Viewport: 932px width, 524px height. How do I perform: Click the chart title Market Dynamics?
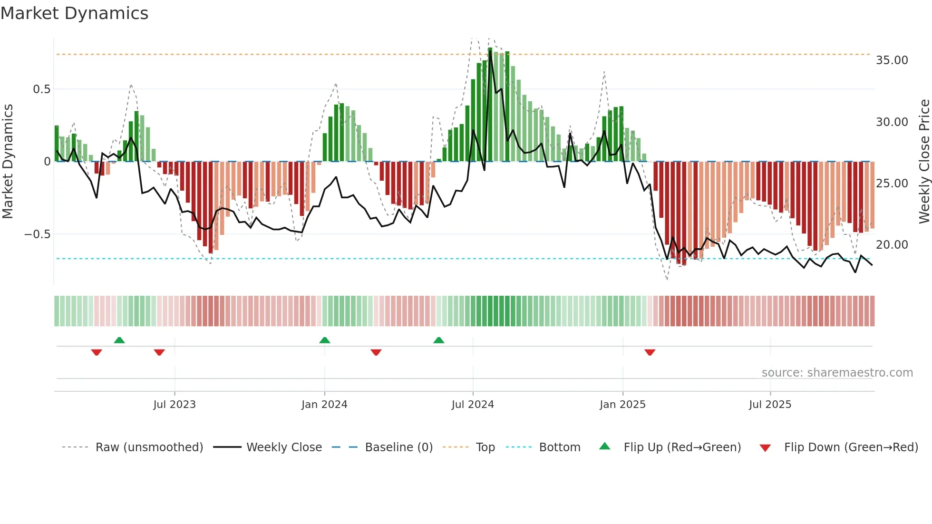[x=74, y=13]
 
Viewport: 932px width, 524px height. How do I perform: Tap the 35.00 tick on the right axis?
[x=892, y=60]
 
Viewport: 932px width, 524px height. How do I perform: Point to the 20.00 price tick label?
[x=892, y=245]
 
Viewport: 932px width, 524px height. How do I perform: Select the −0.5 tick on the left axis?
[x=37, y=234]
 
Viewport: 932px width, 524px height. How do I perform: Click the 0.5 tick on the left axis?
[x=41, y=89]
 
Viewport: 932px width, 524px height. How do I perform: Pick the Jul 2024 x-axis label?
[x=473, y=405]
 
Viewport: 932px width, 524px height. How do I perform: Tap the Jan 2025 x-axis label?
[x=622, y=405]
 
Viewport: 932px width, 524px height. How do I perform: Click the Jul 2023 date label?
[x=175, y=405]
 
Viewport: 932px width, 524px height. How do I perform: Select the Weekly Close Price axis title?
[x=924, y=162]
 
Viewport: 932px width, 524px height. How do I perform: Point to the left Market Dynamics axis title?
[x=8, y=162]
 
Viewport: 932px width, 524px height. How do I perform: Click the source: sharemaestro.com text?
[x=837, y=373]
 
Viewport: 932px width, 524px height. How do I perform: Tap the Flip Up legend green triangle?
[x=604, y=446]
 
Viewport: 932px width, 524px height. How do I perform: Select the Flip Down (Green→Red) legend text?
[x=851, y=447]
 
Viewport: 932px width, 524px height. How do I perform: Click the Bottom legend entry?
[x=559, y=447]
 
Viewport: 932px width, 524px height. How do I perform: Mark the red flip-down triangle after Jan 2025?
[x=650, y=352]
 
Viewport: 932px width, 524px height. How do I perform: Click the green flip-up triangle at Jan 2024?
[x=325, y=340]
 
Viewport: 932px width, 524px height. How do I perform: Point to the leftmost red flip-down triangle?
[x=97, y=352]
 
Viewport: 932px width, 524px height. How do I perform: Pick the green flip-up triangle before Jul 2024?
[x=439, y=340]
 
